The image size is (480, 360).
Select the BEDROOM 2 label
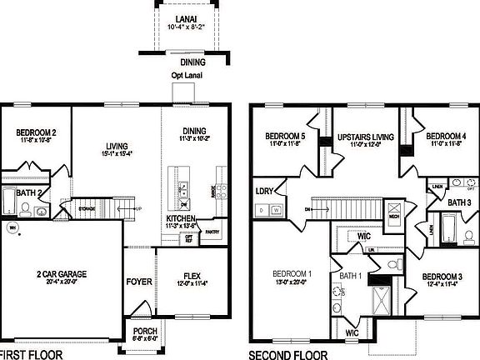(x=37, y=132)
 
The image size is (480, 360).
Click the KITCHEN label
(x=181, y=218)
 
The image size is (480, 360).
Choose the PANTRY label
(x=212, y=232)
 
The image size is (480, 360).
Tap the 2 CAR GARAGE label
(x=63, y=273)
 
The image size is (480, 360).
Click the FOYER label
(x=139, y=282)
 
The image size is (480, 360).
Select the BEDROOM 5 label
(x=286, y=136)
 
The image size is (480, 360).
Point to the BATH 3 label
(x=458, y=202)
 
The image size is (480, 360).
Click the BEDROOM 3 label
(x=441, y=277)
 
